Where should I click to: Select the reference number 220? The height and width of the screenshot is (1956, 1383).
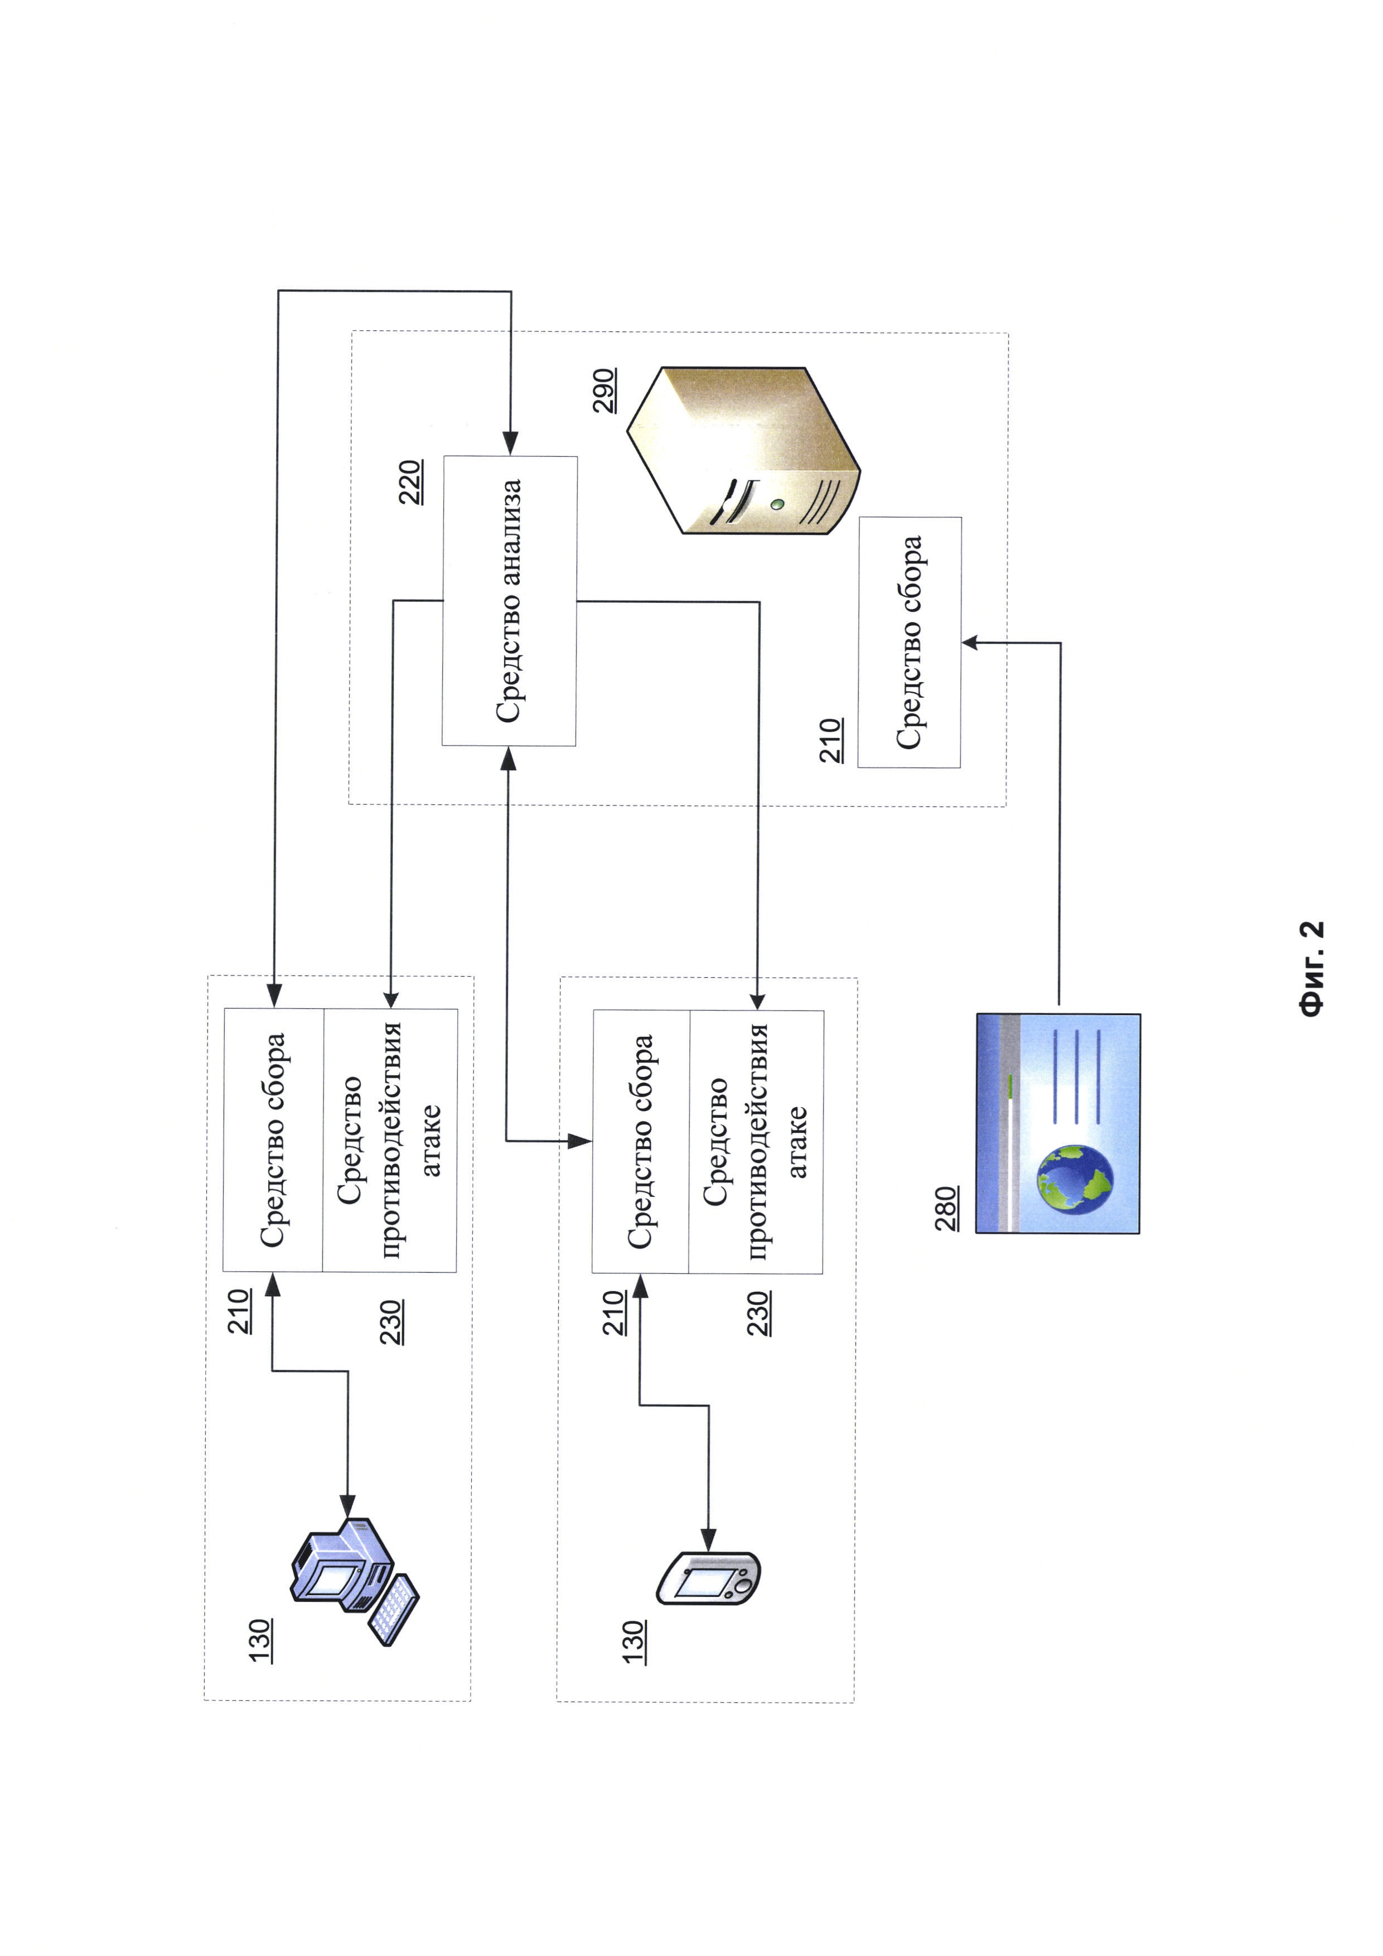tap(412, 482)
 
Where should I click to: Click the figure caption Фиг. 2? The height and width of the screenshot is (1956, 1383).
tap(1312, 969)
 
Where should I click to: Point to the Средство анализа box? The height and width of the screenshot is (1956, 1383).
tap(509, 601)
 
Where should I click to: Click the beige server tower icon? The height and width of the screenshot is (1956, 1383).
tap(743, 450)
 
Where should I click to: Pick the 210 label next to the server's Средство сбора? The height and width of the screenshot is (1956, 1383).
tap(831, 740)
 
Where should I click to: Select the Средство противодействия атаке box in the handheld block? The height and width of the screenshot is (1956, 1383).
tap(756, 1142)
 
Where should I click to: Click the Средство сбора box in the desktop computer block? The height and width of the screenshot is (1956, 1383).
tap(273, 1140)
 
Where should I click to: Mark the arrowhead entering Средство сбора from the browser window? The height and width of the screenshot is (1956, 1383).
tap(970, 643)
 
